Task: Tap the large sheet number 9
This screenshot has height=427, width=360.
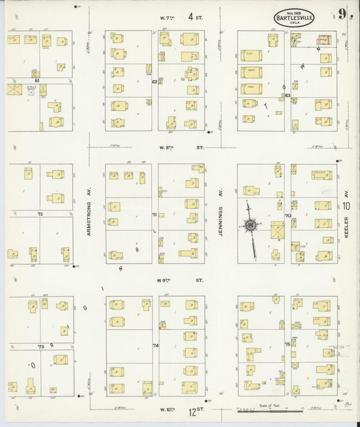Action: point(344,15)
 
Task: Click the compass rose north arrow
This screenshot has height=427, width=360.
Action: point(251,225)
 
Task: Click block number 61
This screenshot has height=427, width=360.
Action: point(38,80)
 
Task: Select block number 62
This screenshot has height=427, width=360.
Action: point(155,82)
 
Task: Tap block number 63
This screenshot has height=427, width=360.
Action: point(287,95)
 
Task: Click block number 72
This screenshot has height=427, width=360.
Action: point(40,214)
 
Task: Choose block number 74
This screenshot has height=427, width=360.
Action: point(155,345)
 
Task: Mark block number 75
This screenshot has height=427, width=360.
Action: point(287,344)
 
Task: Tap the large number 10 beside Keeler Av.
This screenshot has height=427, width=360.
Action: point(346,206)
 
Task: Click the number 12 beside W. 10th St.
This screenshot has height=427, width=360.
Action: point(192,409)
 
